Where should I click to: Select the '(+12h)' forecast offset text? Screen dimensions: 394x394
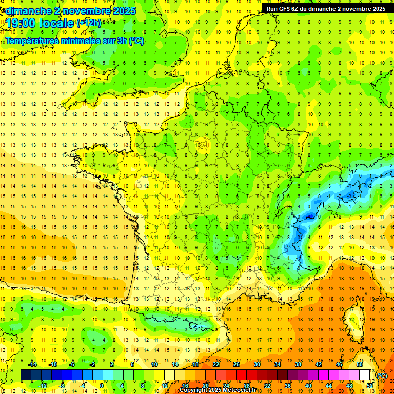click(89, 23)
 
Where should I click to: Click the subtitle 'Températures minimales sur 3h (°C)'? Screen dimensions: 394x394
click(74, 41)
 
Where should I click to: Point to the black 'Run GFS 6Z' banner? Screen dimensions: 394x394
click(326, 8)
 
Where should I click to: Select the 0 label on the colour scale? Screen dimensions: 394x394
click(101, 386)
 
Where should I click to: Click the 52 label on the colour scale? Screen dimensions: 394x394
click(369, 386)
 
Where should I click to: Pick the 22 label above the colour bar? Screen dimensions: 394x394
click(216, 364)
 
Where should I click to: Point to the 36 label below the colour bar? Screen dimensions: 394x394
click(287, 386)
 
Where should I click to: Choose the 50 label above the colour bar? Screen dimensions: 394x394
click(359, 364)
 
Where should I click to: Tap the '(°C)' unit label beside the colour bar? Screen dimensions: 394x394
click(382, 375)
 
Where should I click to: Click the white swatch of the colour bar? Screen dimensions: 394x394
click(365, 375)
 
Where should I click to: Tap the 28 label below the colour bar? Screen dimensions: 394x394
click(246, 386)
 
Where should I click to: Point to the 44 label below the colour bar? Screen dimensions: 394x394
click(328, 386)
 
